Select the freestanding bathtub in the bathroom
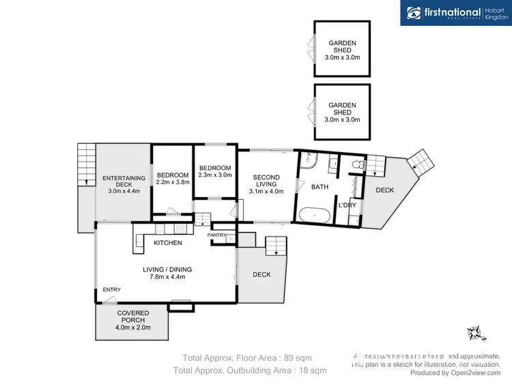pos(315,215)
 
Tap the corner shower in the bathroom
pos(307,160)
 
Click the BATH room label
pos(319,187)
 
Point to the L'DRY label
pos(347,205)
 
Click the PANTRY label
pos(217,235)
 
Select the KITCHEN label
pos(168,243)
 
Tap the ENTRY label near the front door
pos(112,290)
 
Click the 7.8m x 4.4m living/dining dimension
pos(164,277)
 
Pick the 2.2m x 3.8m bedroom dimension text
pos(172,183)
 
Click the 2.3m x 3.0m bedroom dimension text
pos(215,175)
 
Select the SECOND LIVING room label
pos(266,181)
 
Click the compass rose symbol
pos(474,333)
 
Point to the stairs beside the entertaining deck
pos(86,164)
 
